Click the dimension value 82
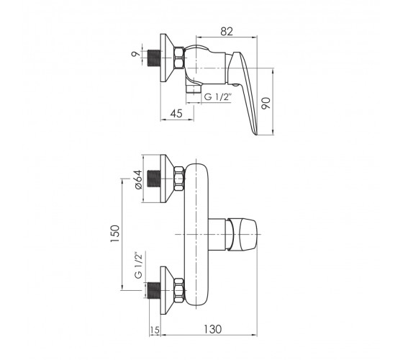(x=227, y=32)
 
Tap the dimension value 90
(x=266, y=103)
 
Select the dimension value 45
(x=176, y=114)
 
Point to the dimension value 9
(x=136, y=54)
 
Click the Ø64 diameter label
(x=138, y=179)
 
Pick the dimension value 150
(x=115, y=233)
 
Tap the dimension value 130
(x=212, y=329)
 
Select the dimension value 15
(x=155, y=330)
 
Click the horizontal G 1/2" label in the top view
(x=218, y=97)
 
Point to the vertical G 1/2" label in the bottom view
(x=138, y=265)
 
